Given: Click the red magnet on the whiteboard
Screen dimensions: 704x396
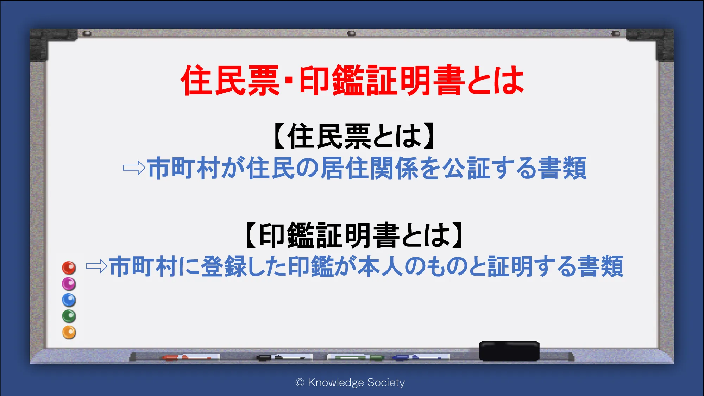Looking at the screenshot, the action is click(69, 268).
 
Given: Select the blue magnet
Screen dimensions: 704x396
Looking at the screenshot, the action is click(69, 300).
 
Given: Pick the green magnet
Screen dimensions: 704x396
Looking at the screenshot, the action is click(69, 316).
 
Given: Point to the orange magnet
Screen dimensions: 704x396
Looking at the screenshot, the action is click(69, 332).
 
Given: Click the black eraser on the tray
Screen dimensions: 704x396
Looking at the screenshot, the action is click(509, 351).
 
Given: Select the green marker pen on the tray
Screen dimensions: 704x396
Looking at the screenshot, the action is click(356, 358).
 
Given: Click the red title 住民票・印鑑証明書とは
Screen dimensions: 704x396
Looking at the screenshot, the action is click(352, 80).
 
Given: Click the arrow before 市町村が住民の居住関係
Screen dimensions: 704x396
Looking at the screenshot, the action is click(134, 168).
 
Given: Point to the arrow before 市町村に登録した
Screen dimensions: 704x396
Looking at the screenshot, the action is click(97, 266).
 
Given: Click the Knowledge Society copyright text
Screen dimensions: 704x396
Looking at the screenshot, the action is click(350, 383).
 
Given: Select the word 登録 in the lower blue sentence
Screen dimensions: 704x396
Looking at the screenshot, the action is click(224, 266).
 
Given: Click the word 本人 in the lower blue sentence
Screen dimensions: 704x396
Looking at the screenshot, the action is click(381, 266).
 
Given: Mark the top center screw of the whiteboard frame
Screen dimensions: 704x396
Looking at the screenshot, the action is click(351, 33).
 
